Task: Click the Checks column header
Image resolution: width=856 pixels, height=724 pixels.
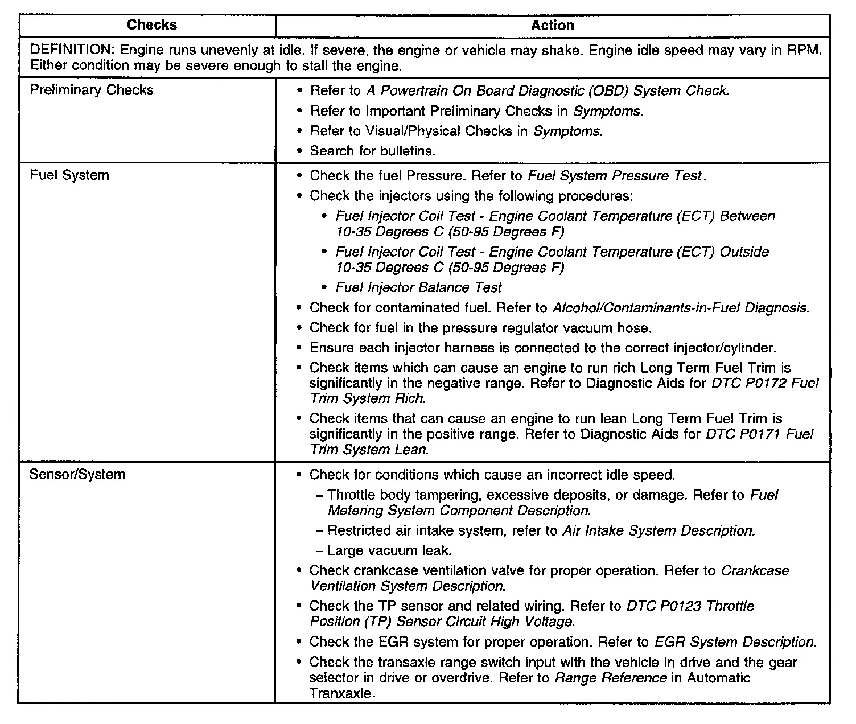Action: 151,25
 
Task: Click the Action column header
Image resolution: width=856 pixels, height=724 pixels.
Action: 552,26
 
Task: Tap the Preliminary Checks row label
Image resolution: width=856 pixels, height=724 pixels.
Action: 91,90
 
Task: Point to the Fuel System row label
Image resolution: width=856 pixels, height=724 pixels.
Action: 69,175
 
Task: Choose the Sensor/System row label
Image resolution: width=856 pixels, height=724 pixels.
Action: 77,475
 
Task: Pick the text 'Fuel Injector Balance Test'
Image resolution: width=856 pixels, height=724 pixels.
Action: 418,287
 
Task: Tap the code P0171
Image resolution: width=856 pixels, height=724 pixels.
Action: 756,434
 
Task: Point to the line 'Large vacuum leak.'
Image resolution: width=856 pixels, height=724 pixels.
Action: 389,551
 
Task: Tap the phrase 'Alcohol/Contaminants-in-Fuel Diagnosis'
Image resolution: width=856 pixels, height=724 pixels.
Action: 680,308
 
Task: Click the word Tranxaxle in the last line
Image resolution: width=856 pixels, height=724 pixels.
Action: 340,693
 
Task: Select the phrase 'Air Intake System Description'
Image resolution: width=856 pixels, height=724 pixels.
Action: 659,531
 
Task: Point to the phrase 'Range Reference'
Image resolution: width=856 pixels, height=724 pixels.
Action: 610,678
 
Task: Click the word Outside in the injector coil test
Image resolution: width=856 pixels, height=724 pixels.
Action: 744,252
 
